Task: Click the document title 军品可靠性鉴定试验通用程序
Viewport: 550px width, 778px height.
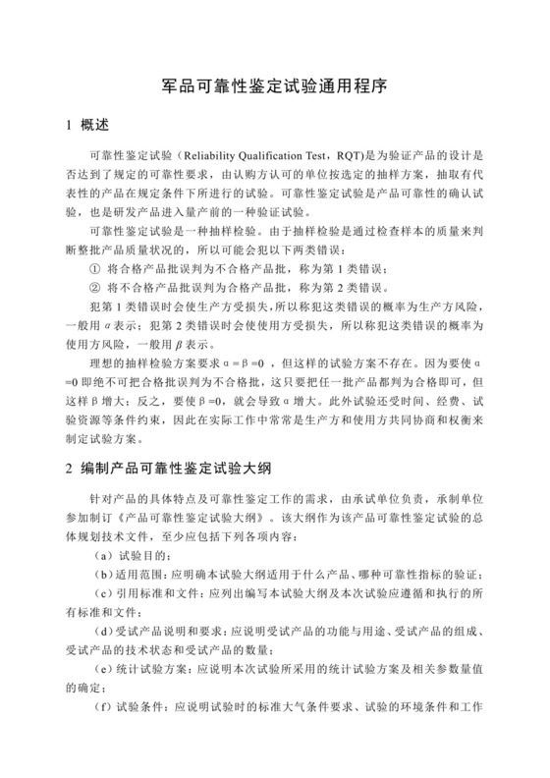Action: pyautogui.click(x=275, y=86)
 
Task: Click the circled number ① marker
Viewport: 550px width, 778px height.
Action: pyautogui.click(x=94, y=267)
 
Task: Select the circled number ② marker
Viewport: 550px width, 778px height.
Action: pyautogui.click(x=94, y=288)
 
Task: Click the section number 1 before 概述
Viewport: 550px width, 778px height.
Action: pyautogui.click(x=67, y=127)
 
